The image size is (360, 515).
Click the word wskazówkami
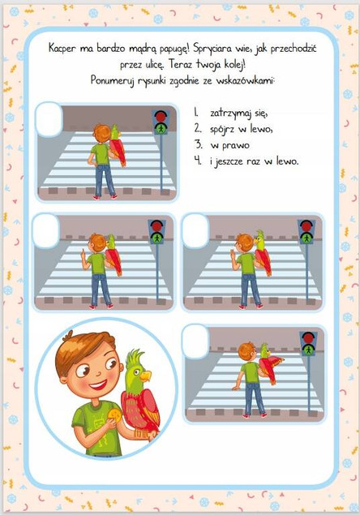coord(245,80)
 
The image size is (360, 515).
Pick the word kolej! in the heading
coord(234,64)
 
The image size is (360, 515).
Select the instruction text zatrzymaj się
coord(239,114)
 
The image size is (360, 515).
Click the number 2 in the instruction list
coord(197,128)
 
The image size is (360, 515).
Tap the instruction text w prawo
coord(230,145)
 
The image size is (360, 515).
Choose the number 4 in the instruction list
coord(197,161)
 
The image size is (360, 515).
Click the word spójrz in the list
coord(222,130)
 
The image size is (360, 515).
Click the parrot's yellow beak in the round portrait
coord(145,376)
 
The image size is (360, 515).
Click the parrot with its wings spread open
coord(270,363)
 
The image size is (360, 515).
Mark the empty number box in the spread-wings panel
coord(195,341)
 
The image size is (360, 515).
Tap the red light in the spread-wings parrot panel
coord(308,337)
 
